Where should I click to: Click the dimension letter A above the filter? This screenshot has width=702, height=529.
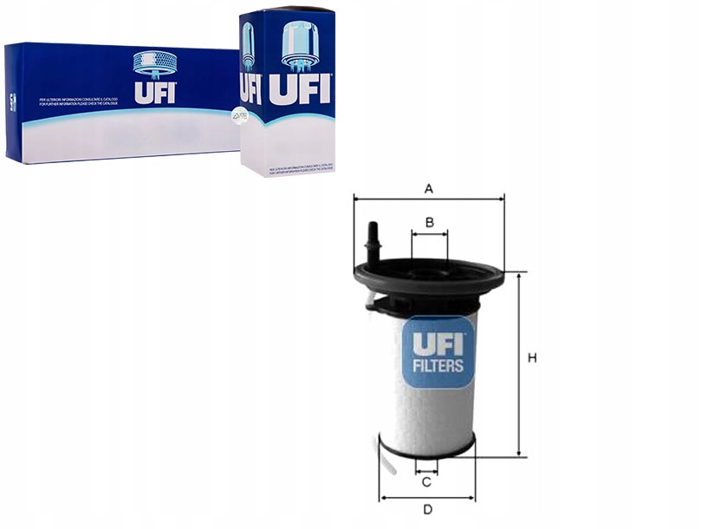click(428, 187)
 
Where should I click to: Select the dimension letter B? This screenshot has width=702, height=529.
click(429, 223)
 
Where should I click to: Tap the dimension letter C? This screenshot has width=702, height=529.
click(426, 481)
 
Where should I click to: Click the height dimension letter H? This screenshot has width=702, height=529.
click(532, 358)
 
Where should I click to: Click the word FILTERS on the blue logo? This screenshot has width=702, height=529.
click(438, 366)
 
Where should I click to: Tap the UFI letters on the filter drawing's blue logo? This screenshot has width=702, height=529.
click(438, 343)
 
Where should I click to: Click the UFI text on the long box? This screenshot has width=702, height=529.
click(154, 92)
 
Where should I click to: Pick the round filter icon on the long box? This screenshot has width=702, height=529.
click(154, 62)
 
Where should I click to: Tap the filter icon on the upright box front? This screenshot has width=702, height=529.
click(300, 43)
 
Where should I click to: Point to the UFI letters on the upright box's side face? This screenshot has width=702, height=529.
click(250, 88)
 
